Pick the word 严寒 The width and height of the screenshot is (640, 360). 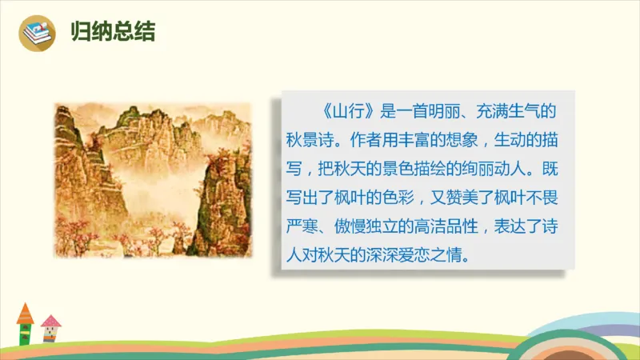point(305,228)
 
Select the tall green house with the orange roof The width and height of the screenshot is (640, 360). point(25,324)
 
